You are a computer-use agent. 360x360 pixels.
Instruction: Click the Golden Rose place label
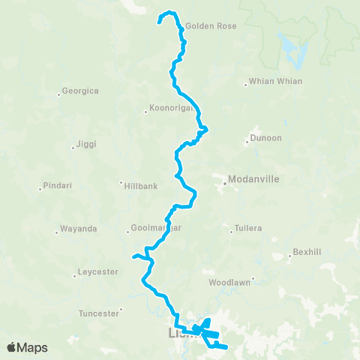pyautogui.click(x=211, y=25)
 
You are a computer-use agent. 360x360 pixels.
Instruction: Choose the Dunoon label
pyautogui.click(x=268, y=138)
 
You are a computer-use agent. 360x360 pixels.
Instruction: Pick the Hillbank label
pyautogui.click(x=140, y=184)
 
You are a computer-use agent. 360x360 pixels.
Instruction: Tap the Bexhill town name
pyautogui.click(x=307, y=252)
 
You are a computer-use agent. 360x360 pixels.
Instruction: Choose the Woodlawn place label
pyautogui.click(x=230, y=283)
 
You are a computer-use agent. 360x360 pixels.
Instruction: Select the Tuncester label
pyautogui.click(x=98, y=313)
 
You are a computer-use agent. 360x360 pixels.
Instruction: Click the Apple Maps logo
pyautogui.click(x=26, y=347)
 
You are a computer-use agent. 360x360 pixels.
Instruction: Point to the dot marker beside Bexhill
pyautogui.click(x=289, y=256)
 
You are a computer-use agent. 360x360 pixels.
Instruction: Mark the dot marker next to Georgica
pyautogui.click(x=58, y=94)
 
